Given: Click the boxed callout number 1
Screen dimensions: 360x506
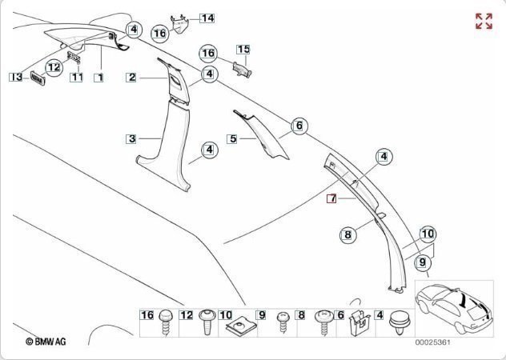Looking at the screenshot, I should (x=98, y=78).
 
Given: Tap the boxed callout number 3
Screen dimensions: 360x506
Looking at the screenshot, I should (x=132, y=138).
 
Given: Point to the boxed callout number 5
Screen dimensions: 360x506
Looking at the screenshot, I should (x=233, y=138).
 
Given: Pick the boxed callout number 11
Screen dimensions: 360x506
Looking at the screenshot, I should (x=77, y=78).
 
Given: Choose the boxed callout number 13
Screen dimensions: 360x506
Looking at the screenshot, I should (x=16, y=77).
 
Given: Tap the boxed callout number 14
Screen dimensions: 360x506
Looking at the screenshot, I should (x=207, y=17).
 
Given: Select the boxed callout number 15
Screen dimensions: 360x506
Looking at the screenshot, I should (x=243, y=50).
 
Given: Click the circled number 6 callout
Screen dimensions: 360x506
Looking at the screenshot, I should (x=299, y=126).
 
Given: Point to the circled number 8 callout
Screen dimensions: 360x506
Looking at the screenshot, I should (x=347, y=235).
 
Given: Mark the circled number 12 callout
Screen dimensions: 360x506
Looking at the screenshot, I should (x=54, y=68).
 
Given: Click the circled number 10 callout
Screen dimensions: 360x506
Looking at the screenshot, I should (x=428, y=234).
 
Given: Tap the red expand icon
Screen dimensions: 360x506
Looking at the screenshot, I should (x=484, y=22).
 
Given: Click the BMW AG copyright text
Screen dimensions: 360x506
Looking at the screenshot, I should (x=46, y=342).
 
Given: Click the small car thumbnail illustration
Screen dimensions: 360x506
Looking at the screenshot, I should (x=453, y=307).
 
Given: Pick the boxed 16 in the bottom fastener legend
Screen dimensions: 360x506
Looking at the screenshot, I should (x=147, y=315).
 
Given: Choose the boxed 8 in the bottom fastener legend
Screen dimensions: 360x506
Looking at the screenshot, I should (x=301, y=315).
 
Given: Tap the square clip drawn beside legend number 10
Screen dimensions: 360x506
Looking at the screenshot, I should (x=242, y=327).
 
